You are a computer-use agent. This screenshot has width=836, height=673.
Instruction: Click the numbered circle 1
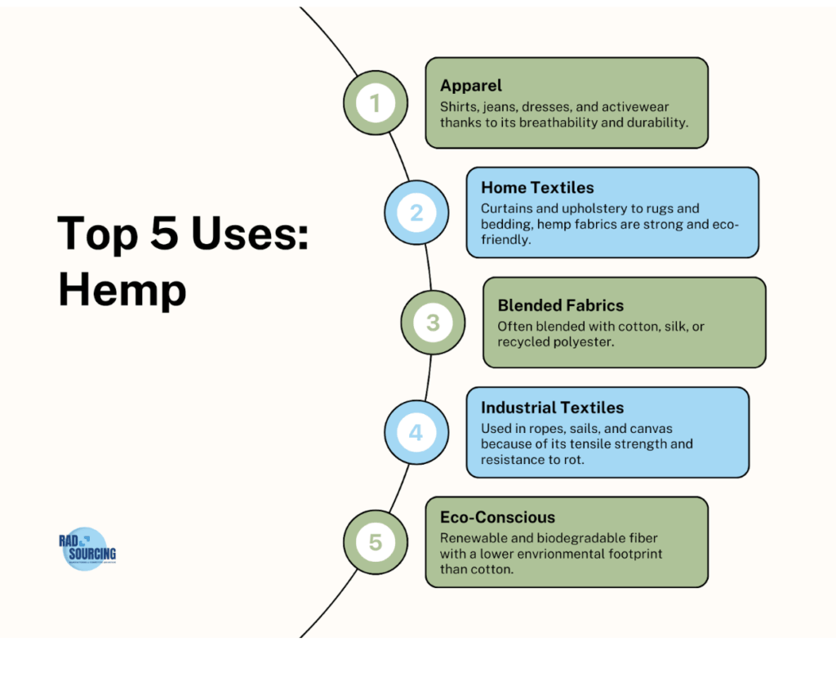click(375, 104)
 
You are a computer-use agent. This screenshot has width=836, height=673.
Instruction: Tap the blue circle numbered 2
click(416, 213)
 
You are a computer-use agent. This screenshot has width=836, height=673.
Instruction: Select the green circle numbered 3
click(433, 323)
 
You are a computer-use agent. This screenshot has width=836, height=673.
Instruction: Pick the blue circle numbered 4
click(416, 432)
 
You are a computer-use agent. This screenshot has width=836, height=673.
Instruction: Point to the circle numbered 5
click(375, 542)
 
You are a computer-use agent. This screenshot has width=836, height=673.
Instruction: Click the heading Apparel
click(471, 86)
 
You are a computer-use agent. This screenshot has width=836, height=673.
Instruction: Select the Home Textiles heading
click(537, 188)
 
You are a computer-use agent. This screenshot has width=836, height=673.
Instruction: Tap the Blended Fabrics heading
click(560, 305)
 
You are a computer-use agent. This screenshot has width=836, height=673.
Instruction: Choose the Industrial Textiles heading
click(552, 407)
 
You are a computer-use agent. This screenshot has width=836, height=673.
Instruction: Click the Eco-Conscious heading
click(497, 517)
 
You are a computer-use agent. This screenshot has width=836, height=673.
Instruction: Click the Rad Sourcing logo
click(85, 548)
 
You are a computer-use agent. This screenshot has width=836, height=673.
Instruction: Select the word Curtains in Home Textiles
click(506, 208)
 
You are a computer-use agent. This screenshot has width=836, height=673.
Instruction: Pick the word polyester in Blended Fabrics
click(586, 341)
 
